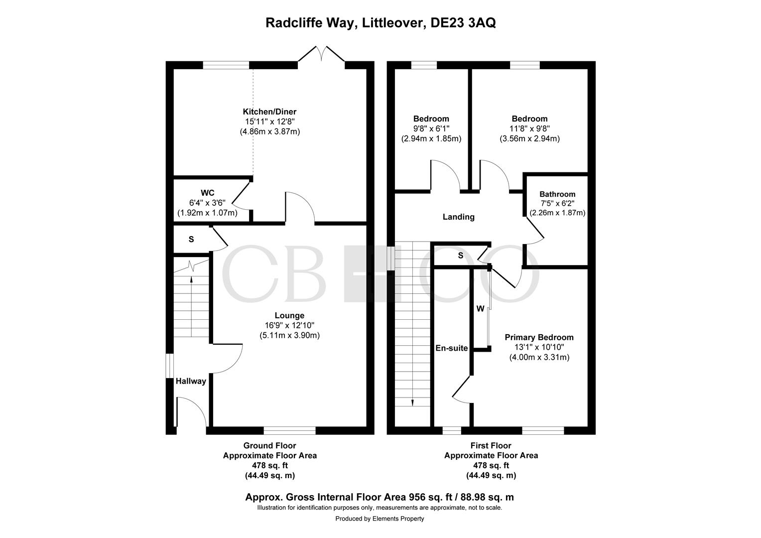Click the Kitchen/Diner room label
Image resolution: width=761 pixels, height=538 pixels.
[269, 112]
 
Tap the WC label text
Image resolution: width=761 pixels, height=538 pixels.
[207, 193]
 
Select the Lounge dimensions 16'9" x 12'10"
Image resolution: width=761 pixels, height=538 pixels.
[289, 325]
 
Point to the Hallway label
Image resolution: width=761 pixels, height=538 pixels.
[191, 381]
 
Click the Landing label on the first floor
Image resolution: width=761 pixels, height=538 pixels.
[459, 217]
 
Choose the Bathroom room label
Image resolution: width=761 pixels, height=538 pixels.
[557, 194]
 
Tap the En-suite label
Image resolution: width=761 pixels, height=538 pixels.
[452, 348]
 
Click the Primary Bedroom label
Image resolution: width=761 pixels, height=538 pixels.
[539, 337]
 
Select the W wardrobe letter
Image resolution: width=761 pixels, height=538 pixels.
[480, 309]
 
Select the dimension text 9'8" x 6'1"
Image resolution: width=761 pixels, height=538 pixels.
[431, 129]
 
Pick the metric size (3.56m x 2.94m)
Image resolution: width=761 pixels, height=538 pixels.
[530, 138]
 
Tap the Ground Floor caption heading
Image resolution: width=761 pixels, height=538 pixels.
[269, 445]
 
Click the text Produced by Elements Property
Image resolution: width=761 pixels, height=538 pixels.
[380, 519]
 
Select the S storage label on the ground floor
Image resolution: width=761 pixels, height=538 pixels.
[191, 240]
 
